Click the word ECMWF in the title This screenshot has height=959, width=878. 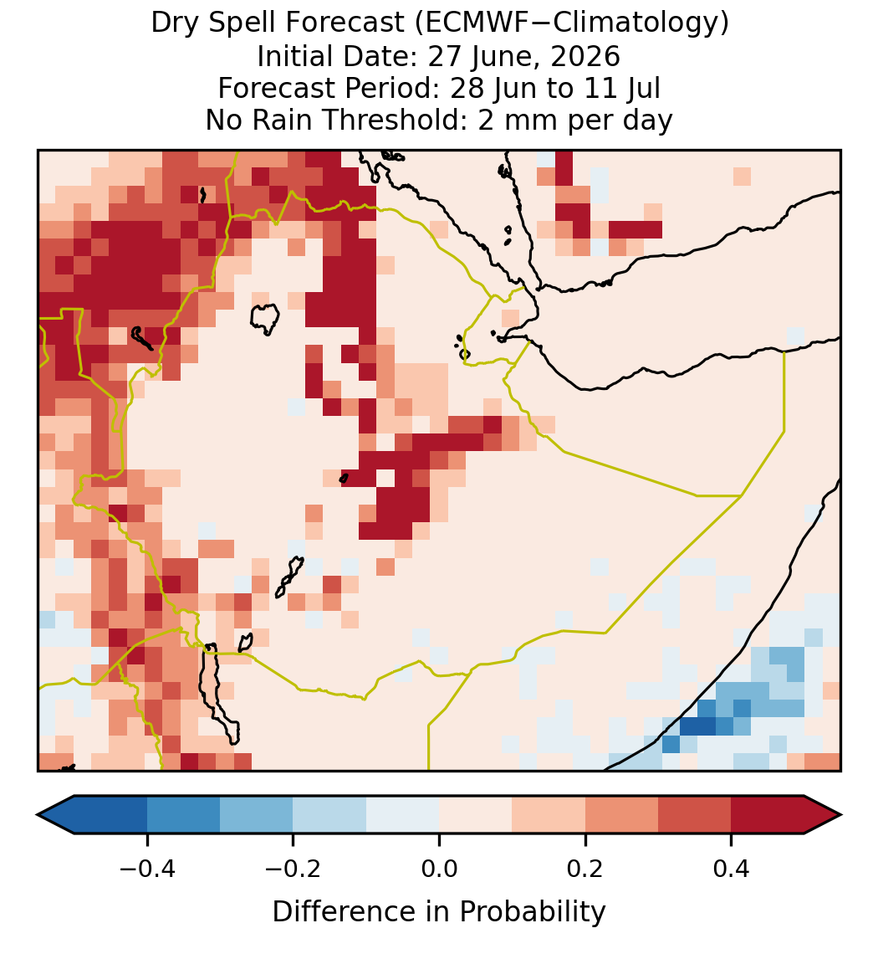tap(467, 23)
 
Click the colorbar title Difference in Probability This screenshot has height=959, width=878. tap(439, 911)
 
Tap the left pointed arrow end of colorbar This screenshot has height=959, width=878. tap(56, 815)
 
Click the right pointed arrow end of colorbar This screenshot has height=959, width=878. tap(823, 815)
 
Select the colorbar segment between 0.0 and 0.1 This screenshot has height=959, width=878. tap(476, 815)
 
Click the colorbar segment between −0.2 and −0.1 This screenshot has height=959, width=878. tap(330, 815)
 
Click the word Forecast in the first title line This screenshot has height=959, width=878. tap(345, 23)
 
